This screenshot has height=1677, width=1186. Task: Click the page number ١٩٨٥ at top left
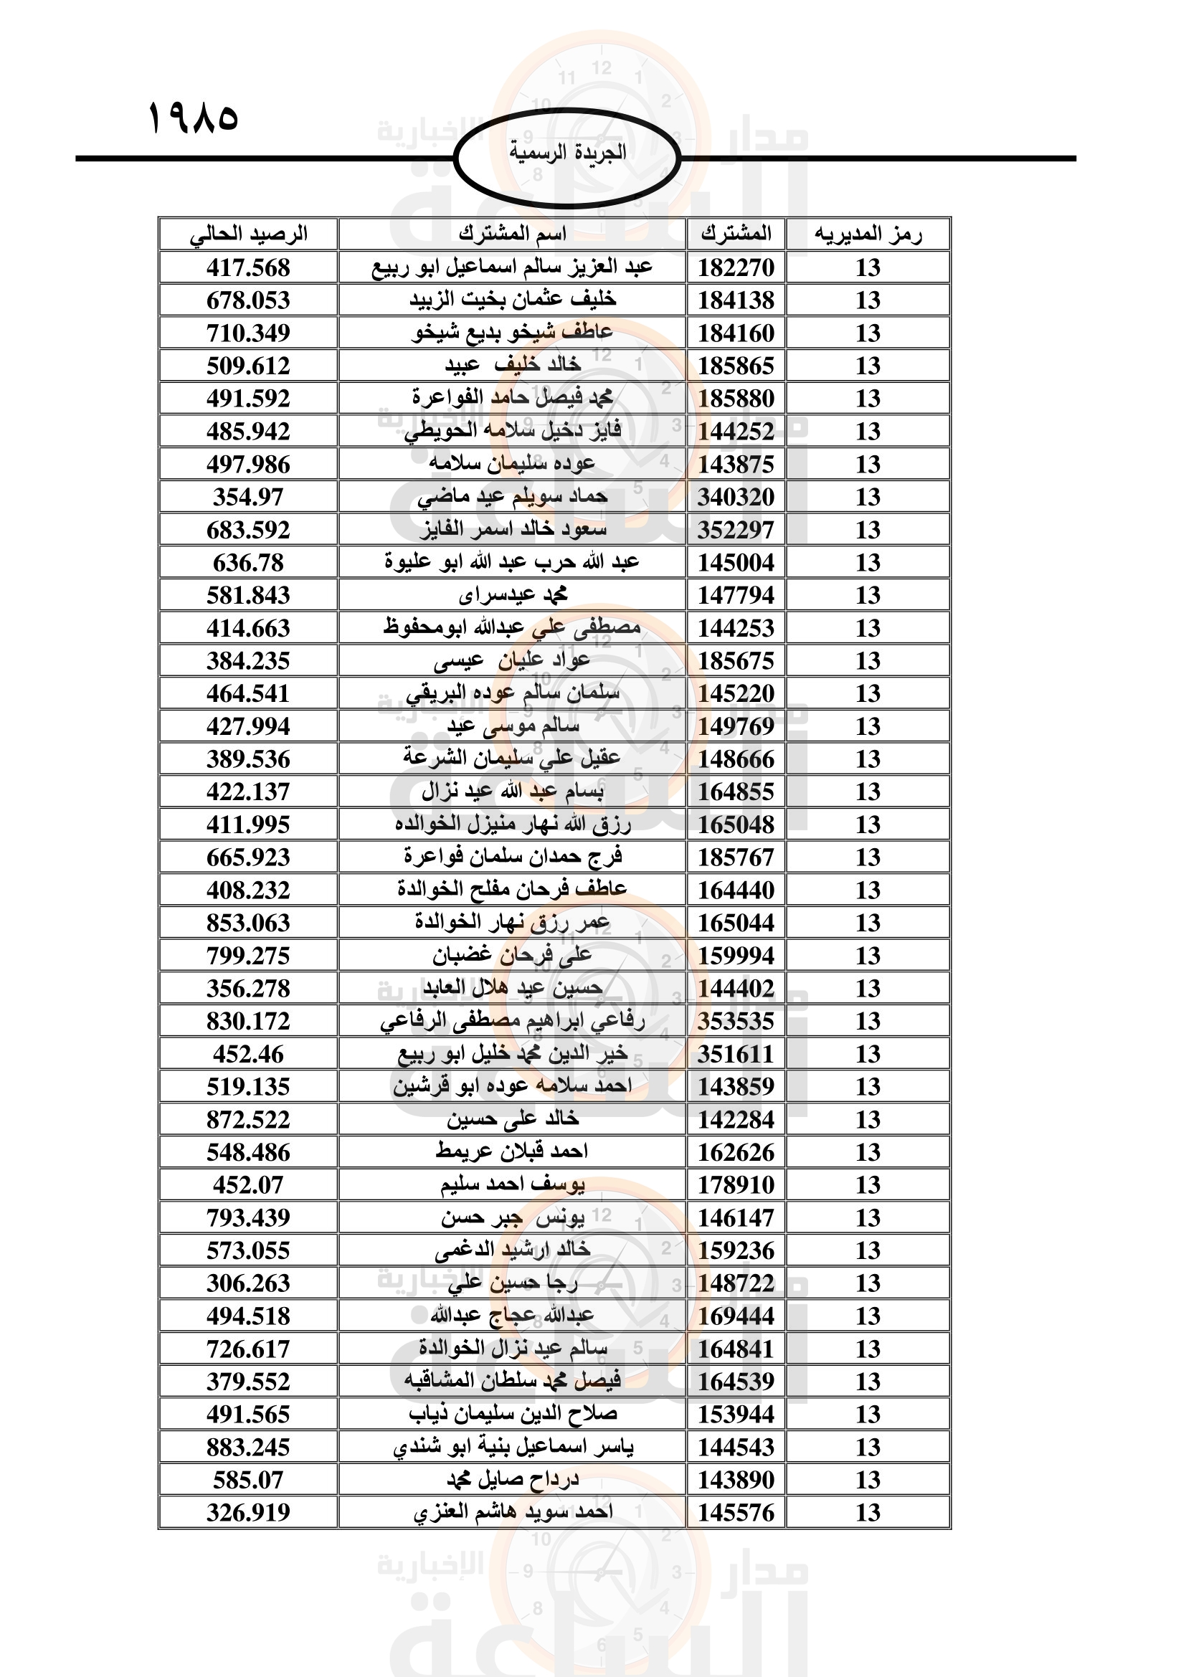[194, 118]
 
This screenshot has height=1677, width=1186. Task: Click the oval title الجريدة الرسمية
[567, 153]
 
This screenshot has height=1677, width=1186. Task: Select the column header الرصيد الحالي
[248, 234]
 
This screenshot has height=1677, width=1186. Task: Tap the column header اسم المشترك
[512, 234]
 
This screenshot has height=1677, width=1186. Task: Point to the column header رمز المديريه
[868, 234]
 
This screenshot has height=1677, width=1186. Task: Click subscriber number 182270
[736, 267]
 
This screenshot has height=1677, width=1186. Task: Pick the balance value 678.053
[248, 300]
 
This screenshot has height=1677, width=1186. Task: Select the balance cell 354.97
[248, 497]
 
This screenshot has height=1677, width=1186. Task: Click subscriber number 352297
[736, 530]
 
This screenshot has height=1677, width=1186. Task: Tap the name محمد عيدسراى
[513, 595]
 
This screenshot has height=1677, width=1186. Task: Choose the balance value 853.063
[248, 923]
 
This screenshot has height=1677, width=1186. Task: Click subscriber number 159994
[736, 955]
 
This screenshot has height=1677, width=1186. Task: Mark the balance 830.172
[248, 1021]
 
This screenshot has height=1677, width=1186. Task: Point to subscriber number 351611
[736, 1054]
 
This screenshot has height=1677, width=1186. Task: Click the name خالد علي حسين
[513, 1119]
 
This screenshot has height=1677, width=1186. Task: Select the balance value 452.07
[248, 1184]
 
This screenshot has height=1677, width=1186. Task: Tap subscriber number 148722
[736, 1283]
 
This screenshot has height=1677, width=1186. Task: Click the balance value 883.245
[248, 1447]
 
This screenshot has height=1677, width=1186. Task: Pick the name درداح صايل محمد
[513, 1480]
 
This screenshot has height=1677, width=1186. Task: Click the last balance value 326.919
[248, 1513]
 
